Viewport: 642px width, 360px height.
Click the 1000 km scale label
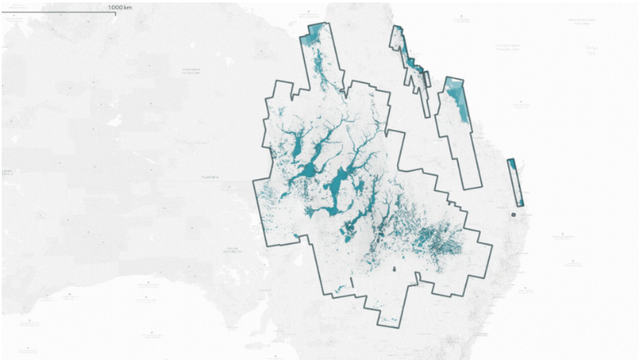tap(120, 7)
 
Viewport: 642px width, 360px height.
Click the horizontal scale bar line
tap(59, 12)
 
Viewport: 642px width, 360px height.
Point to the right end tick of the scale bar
tap(116, 11)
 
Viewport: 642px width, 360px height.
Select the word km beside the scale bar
tap(128, 7)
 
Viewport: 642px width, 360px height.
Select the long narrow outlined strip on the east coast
tap(515, 181)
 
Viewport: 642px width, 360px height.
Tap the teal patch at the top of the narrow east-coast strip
tap(511, 165)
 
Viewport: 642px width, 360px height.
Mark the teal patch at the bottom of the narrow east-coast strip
tap(520, 199)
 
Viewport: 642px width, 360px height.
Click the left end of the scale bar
tap(3, 12)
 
